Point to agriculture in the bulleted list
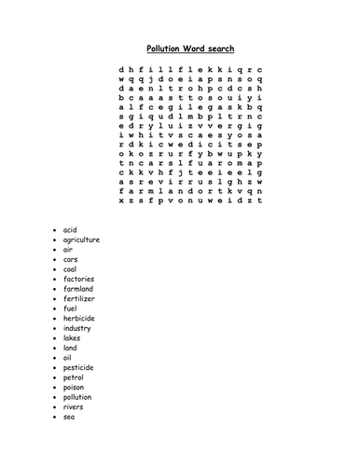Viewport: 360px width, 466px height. (81, 240)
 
